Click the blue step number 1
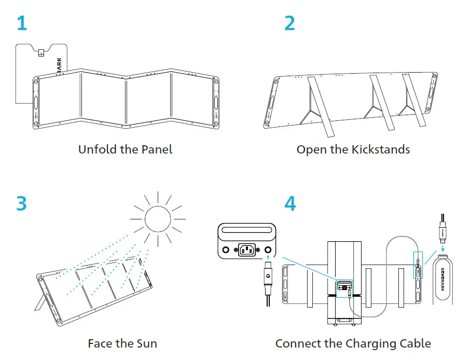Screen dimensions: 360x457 point(21,23)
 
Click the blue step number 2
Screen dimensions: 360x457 point(289,23)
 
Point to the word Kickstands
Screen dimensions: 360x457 point(381,149)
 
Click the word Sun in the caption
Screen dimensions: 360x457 point(147,343)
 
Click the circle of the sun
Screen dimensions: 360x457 point(158,218)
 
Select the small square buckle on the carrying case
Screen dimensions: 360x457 point(41,51)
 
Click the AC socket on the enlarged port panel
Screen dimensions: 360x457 point(247,250)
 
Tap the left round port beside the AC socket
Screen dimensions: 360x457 point(226,250)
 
